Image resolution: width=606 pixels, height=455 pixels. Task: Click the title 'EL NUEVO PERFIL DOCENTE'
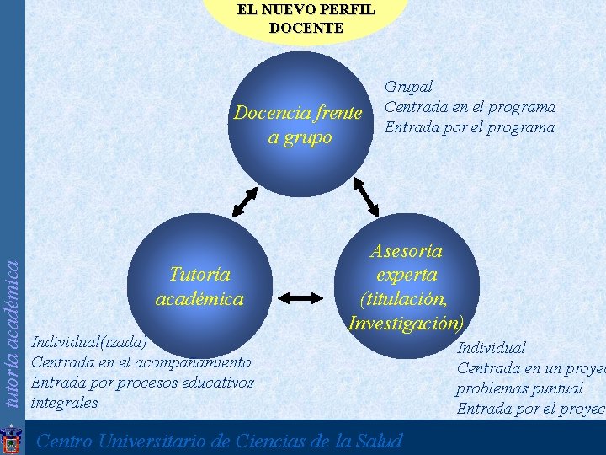pyautogui.click(x=306, y=19)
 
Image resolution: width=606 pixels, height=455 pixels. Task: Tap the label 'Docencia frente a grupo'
pyautogui.click(x=298, y=125)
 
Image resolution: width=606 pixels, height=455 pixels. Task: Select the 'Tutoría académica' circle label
pyautogui.click(x=199, y=286)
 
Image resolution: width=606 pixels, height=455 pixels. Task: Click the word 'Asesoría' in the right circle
pyautogui.click(x=407, y=250)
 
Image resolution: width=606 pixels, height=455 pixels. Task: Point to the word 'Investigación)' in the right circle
pyautogui.click(x=406, y=323)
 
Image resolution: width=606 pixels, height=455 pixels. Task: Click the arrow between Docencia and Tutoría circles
pyautogui.click(x=244, y=202)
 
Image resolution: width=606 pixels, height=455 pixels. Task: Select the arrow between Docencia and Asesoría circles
pyautogui.click(x=367, y=197)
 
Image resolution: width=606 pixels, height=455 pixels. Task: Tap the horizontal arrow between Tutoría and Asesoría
pyautogui.click(x=300, y=297)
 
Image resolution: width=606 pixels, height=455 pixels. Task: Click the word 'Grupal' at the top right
pyautogui.click(x=409, y=87)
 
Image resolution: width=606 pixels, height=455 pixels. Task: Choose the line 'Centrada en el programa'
pyautogui.click(x=470, y=107)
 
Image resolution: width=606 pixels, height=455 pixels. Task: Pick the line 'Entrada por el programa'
pyautogui.click(x=470, y=127)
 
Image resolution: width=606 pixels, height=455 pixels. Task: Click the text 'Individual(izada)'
pyautogui.click(x=88, y=341)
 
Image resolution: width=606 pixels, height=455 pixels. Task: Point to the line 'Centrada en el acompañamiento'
pyautogui.click(x=141, y=361)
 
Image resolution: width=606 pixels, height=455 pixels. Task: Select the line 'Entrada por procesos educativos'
pyautogui.click(x=141, y=382)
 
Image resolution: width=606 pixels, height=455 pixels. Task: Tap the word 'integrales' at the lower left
pyautogui.click(x=64, y=402)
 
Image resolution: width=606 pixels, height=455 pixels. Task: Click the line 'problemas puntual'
pyautogui.click(x=519, y=388)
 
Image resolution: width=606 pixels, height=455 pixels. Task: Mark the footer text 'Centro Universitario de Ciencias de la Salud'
pyautogui.click(x=221, y=441)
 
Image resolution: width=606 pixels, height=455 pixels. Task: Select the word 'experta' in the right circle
pyautogui.click(x=407, y=275)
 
